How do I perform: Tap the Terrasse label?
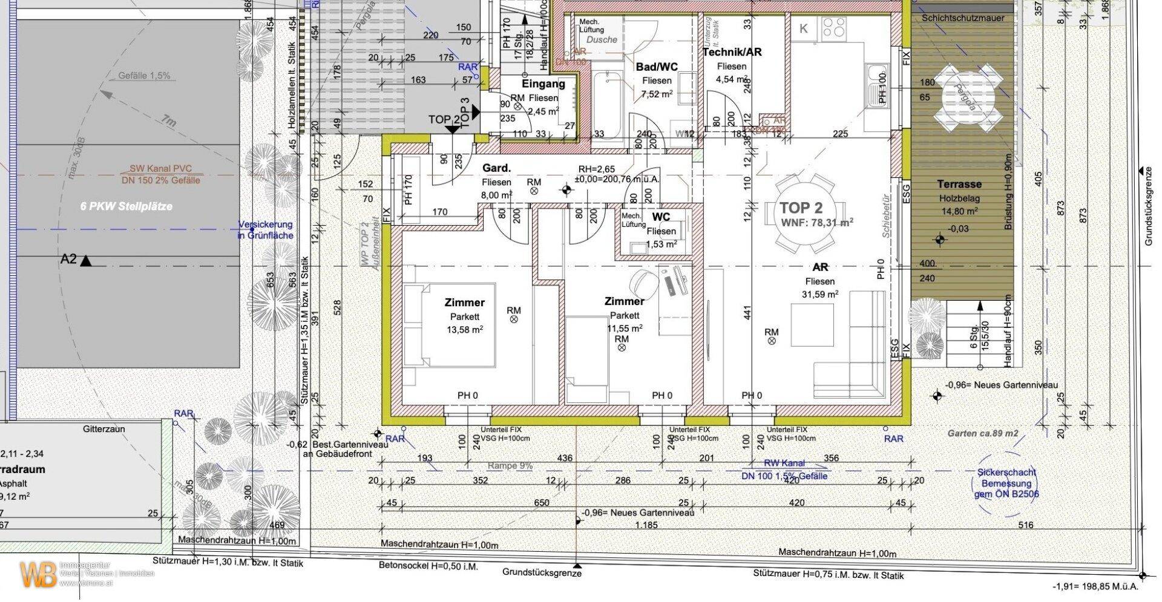959,184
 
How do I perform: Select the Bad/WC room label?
657,67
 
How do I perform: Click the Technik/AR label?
732,52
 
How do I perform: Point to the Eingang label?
543,84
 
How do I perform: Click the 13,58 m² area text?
464,330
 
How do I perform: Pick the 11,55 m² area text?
625,329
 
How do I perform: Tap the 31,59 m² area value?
820,295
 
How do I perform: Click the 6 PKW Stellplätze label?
126,206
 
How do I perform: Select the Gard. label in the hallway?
496,168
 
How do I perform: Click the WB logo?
38,575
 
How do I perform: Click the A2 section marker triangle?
87,261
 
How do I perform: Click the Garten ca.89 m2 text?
983,433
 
